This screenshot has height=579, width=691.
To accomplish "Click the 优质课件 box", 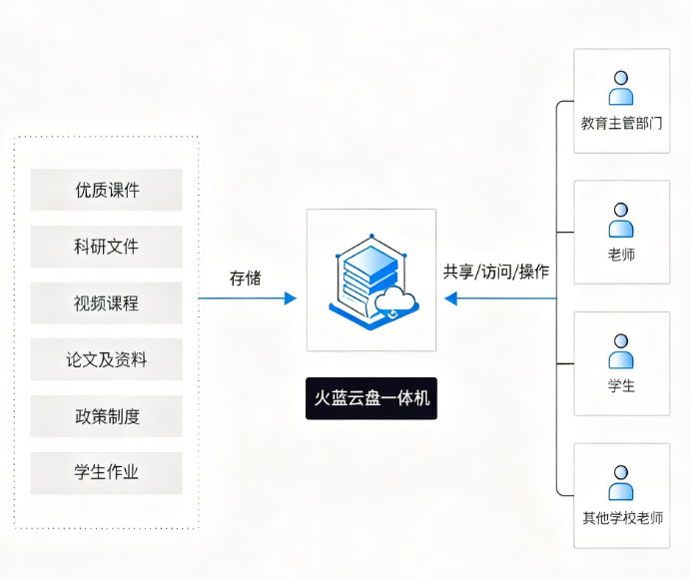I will [107, 190].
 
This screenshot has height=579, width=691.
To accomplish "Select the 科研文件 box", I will [107, 247].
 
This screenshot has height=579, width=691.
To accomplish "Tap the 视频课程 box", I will [107, 303].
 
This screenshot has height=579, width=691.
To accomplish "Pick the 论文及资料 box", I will [107, 360].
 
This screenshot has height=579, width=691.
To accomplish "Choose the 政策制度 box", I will [107, 416].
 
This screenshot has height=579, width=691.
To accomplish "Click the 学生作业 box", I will [107, 473].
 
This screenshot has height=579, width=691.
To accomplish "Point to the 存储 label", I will [245, 278].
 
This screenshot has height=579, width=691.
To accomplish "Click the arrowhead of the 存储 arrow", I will [291, 298].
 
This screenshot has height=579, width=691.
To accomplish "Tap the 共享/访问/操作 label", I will [496, 272].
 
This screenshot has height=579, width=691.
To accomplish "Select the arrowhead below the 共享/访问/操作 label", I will [451, 298].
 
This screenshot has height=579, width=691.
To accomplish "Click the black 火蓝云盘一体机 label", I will [371, 398].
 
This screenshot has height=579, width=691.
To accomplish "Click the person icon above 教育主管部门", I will [621, 88].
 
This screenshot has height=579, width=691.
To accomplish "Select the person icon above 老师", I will [621, 220].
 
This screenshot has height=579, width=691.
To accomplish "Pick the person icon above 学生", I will [621, 351].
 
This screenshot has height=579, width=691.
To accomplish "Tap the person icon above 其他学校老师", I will [621, 483].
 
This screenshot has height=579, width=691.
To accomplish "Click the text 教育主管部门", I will [621, 124].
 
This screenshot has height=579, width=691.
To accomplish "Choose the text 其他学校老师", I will [622, 518].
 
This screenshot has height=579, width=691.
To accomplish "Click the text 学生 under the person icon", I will [621, 386].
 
